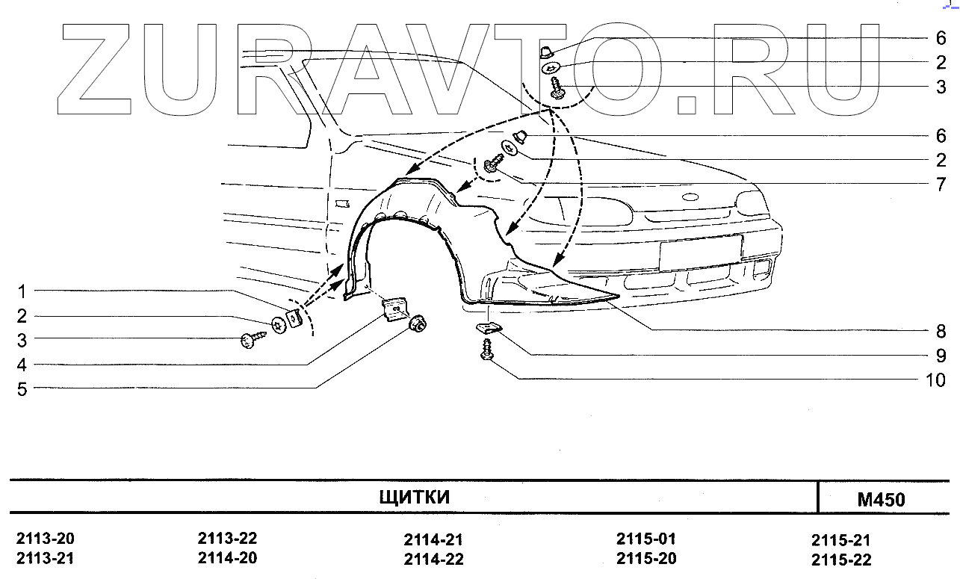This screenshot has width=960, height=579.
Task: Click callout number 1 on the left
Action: point(22,291)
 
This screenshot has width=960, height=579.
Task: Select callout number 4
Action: point(22,365)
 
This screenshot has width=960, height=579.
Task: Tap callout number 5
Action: point(22,389)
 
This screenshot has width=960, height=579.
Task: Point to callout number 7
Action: point(941,185)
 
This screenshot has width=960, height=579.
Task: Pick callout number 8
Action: point(941,331)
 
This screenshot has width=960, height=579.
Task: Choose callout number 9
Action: point(941,356)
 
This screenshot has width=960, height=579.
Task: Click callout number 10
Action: point(935,380)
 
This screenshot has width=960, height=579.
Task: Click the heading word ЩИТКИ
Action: point(415,498)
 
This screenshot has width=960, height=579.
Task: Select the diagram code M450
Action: point(881,500)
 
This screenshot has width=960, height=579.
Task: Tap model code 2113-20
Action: point(46,539)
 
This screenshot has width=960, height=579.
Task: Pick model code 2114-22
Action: point(434,560)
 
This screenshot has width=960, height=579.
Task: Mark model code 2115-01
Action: point(646,539)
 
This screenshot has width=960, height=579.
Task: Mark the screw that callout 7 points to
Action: point(493,164)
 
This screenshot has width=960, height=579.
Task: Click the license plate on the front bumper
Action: point(699,252)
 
